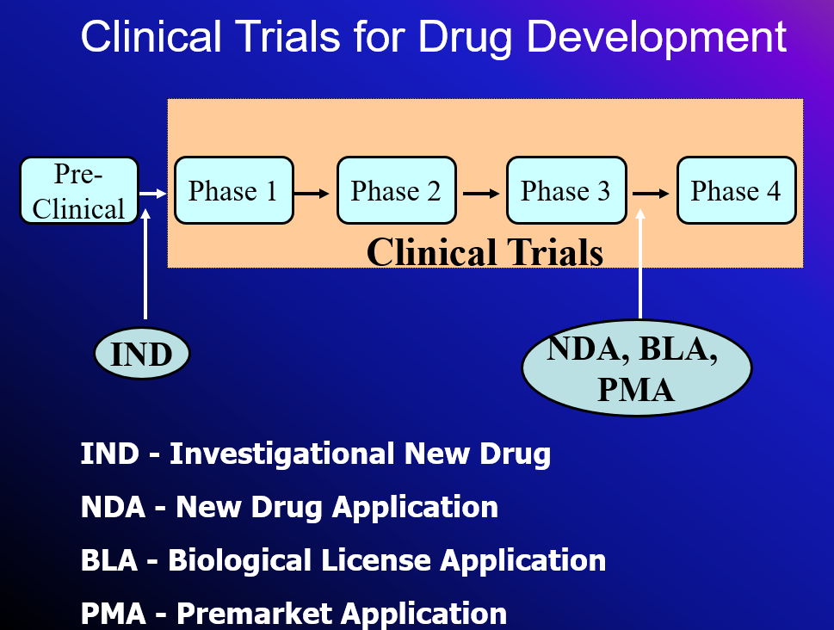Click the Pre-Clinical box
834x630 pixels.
click(x=79, y=191)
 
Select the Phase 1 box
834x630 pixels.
click(x=233, y=191)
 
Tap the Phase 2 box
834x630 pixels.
click(x=396, y=191)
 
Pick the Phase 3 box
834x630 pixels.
click(x=565, y=191)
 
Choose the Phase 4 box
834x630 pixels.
click(x=736, y=191)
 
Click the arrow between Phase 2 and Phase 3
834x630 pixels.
click(x=480, y=193)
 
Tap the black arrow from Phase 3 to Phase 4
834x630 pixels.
click(x=652, y=193)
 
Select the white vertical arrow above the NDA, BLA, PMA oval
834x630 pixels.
click(x=640, y=267)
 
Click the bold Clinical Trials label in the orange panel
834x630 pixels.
click(x=485, y=252)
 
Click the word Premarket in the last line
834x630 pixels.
click(x=254, y=614)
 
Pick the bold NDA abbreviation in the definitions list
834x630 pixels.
click(x=113, y=507)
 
